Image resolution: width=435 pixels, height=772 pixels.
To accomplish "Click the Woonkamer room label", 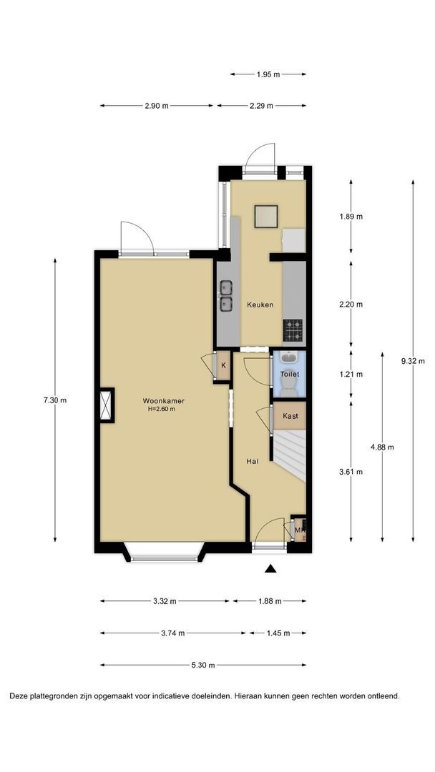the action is (164, 400).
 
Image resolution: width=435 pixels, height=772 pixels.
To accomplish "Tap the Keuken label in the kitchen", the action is (260, 305).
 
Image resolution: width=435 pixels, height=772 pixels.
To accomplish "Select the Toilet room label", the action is (289, 374).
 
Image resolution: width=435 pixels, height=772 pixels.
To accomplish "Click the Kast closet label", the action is (290, 416).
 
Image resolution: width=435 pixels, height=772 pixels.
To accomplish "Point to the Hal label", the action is (253, 461).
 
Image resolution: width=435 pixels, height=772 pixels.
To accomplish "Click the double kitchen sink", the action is (226, 296).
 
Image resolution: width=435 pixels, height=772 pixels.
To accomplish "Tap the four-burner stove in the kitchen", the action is (293, 330).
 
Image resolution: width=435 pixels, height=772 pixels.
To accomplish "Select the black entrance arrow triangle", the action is (270, 569).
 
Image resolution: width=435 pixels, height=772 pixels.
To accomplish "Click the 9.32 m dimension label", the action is (413, 361).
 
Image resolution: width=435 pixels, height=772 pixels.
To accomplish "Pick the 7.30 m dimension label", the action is (54, 400).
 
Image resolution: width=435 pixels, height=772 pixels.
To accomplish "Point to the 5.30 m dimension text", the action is (203, 665).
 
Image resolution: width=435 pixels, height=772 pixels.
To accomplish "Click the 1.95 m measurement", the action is (268, 74).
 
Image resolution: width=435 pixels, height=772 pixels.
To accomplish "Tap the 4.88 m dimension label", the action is (382, 447).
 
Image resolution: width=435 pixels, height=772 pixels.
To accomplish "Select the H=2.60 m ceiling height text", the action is (162, 409).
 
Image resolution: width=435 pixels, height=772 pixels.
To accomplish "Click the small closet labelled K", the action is (223, 365).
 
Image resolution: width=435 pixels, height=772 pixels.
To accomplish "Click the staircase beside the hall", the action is (290, 455).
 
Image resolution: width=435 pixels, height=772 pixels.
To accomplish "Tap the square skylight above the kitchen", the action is (266, 217).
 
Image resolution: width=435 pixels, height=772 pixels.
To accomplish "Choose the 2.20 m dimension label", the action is (351, 305).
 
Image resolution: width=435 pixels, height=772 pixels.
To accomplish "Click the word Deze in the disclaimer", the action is (18, 696).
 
